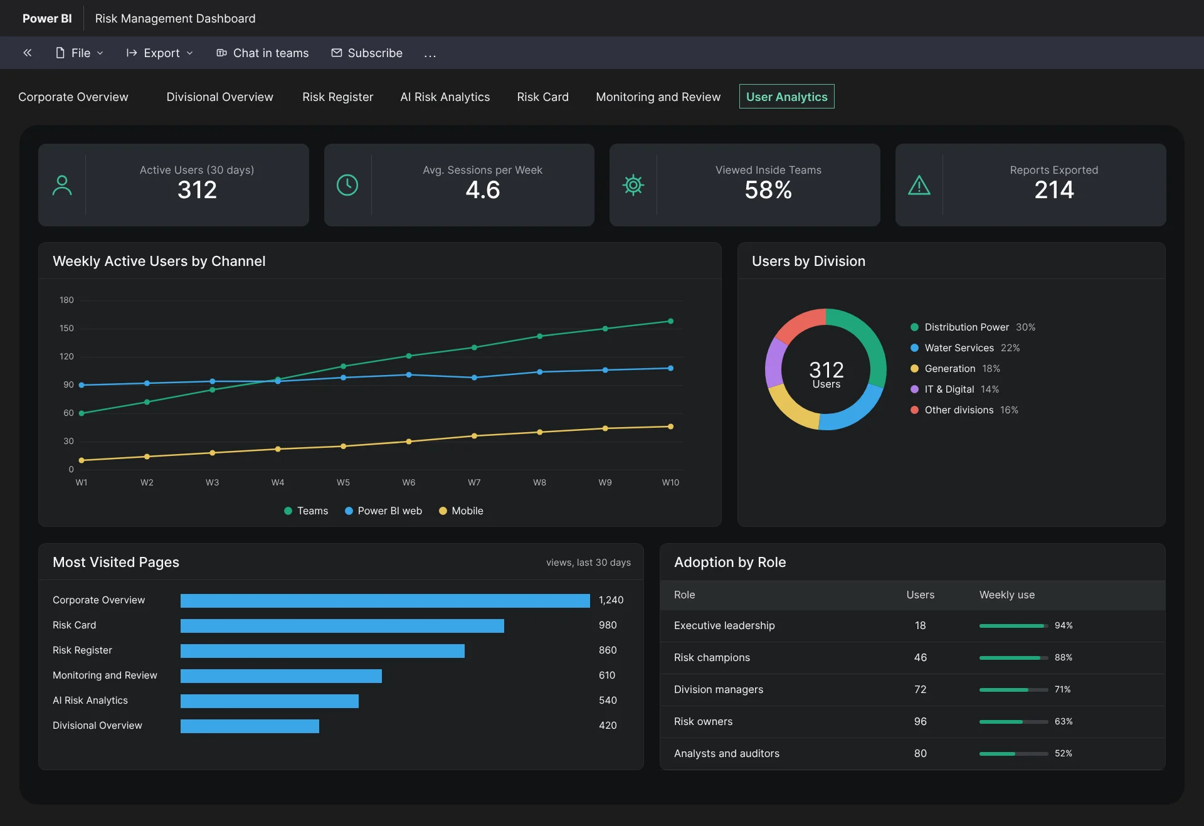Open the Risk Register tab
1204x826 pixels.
(337, 97)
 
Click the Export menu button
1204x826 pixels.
(160, 53)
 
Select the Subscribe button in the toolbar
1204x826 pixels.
(367, 53)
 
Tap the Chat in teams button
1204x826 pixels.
(263, 53)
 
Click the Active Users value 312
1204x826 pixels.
(197, 189)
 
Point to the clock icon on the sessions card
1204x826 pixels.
(347, 185)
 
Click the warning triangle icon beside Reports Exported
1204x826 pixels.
(919, 185)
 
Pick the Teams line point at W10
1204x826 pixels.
(670, 321)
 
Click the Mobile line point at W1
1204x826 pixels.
(82, 460)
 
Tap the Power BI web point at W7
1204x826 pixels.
(474, 378)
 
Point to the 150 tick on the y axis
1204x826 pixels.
(66, 328)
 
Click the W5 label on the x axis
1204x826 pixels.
(343, 482)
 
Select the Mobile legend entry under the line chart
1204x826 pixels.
(461, 511)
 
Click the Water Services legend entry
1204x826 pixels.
(964, 347)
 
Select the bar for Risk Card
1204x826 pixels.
(342, 625)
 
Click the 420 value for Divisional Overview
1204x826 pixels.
(608, 725)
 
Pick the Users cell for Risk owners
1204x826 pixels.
(920, 721)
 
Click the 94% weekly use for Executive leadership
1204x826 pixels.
(1064, 625)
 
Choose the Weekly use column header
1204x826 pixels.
(1007, 595)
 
